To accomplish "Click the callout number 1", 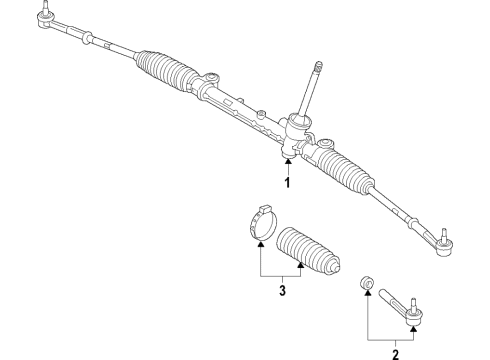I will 287,183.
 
